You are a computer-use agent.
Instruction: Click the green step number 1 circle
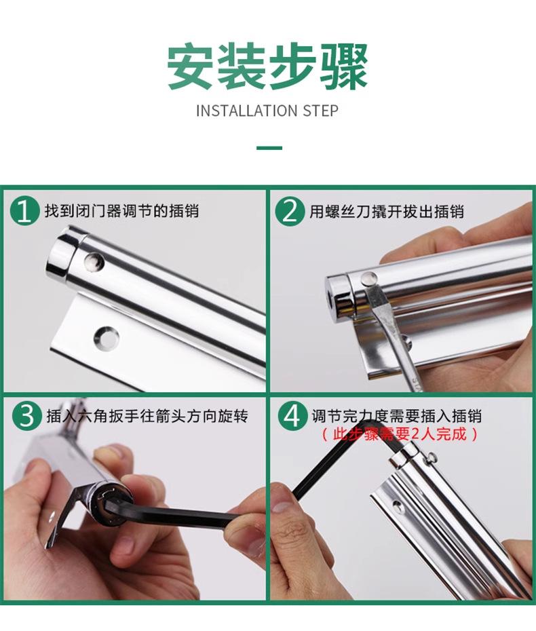tap(24, 211)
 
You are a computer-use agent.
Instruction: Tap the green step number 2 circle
tap(290, 211)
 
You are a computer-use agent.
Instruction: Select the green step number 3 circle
tap(27, 416)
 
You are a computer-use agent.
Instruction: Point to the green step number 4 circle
tap(292, 416)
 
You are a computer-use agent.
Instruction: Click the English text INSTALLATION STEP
tap(267, 111)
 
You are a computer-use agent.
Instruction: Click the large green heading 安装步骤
tap(267, 66)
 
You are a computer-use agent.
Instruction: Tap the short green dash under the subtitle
tap(269, 148)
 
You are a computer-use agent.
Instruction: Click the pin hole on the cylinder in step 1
tap(94, 262)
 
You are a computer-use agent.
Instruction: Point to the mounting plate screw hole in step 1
tap(107, 338)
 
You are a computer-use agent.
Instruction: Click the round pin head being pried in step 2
tap(369, 278)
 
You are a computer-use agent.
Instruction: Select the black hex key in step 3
tap(169, 514)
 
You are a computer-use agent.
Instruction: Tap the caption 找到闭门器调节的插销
tap(121, 211)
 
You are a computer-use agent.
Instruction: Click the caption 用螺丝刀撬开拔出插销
tap(387, 211)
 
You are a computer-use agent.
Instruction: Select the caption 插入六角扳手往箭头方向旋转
tap(147, 416)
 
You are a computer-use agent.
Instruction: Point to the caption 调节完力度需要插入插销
tap(396, 416)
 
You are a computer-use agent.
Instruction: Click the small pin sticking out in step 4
tap(432, 457)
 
